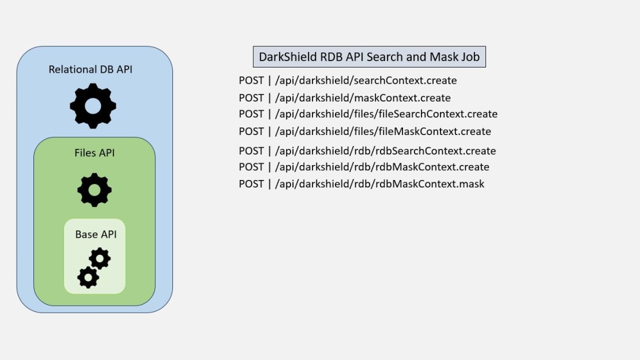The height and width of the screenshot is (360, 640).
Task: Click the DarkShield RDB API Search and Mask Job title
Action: [369, 57]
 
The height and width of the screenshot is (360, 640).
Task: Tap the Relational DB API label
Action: [91, 70]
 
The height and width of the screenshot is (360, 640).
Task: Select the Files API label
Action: [95, 153]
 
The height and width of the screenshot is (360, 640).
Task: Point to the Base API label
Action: [96, 234]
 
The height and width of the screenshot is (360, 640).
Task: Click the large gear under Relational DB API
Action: [93, 106]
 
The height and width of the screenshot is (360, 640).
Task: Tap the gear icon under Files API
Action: [95, 190]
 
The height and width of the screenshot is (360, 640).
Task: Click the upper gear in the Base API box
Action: [100, 258]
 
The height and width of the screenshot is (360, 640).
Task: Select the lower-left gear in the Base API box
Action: [88, 277]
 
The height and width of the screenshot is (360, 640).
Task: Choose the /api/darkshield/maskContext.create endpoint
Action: [363, 98]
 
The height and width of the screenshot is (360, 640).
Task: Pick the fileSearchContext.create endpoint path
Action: [386, 114]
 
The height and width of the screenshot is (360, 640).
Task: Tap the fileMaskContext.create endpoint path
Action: [383, 132]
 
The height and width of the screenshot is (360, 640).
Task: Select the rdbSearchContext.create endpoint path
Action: [385, 151]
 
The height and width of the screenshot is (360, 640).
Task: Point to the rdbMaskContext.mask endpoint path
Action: [379, 184]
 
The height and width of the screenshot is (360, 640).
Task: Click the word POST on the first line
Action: [251, 81]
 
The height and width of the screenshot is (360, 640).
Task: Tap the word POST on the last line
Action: [251, 184]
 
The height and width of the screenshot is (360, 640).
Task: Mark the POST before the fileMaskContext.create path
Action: [251, 132]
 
